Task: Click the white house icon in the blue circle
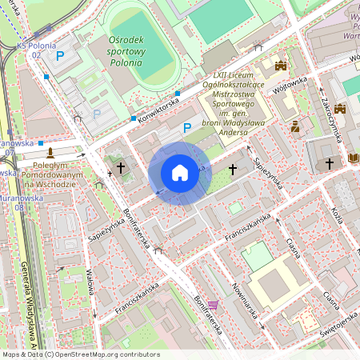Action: click(179, 173)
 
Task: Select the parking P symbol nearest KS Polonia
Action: click(60, 55)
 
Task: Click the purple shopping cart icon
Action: click(212, 304)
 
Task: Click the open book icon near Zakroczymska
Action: click(354, 158)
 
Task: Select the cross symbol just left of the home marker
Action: click(121, 168)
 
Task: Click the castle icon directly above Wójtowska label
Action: click(280, 66)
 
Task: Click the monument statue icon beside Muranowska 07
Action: click(50, 150)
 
